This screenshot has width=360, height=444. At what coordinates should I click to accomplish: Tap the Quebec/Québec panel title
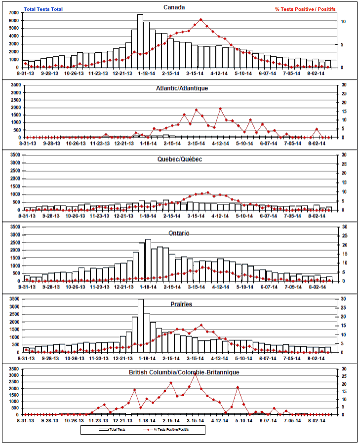pyautogui.click(x=180, y=159)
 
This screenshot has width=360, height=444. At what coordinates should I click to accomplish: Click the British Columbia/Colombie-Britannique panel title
pyautogui.click(x=184, y=371)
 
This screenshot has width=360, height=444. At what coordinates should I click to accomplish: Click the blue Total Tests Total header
pyautogui.click(x=44, y=9)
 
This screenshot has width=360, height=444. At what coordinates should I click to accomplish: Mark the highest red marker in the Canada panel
pyautogui.click(x=200, y=20)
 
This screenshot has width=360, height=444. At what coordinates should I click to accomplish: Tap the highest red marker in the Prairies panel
pyautogui.click(x=200, y=326)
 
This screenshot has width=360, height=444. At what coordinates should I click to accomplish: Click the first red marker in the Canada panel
pyautogui.click(x=26, y=64)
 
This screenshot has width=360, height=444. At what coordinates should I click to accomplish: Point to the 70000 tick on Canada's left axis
pyautogui.click(x=14, y=12)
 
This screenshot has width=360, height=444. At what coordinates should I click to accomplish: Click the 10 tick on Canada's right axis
pyautogui.click(x=342, y=22)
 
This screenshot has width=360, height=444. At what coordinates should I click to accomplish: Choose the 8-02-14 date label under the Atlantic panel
pyautogui.click(x=316, y=144)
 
